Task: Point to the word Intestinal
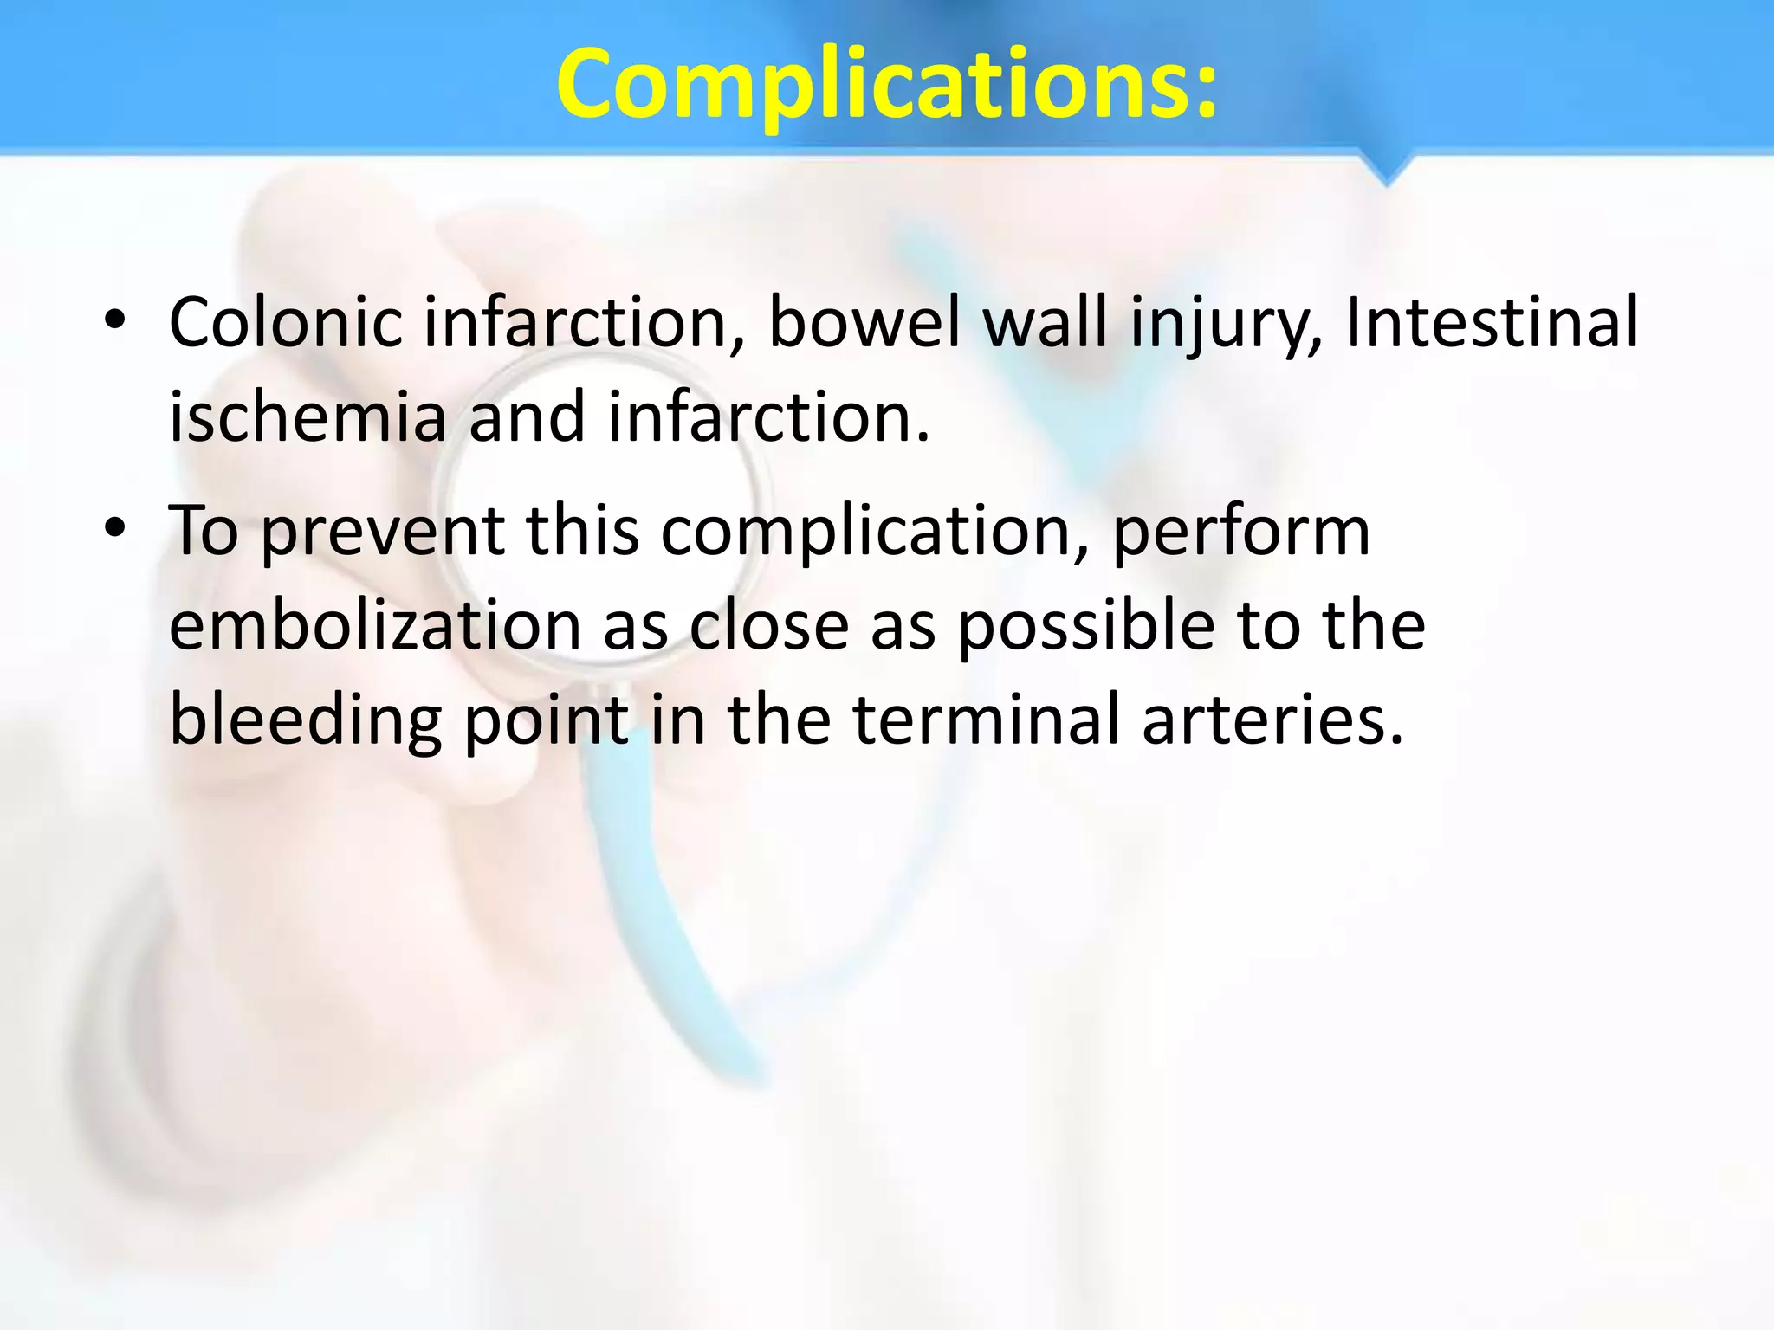pyautogui.click(x=1491, y=323)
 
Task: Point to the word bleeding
pyautogui.click(x=306, y=720)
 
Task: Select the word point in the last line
pyautogui.click(x=546, y=720)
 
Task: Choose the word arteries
pyautogui.click(x=1272, y=720)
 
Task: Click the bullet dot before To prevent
pyautogui.click(x=114, y=529)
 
